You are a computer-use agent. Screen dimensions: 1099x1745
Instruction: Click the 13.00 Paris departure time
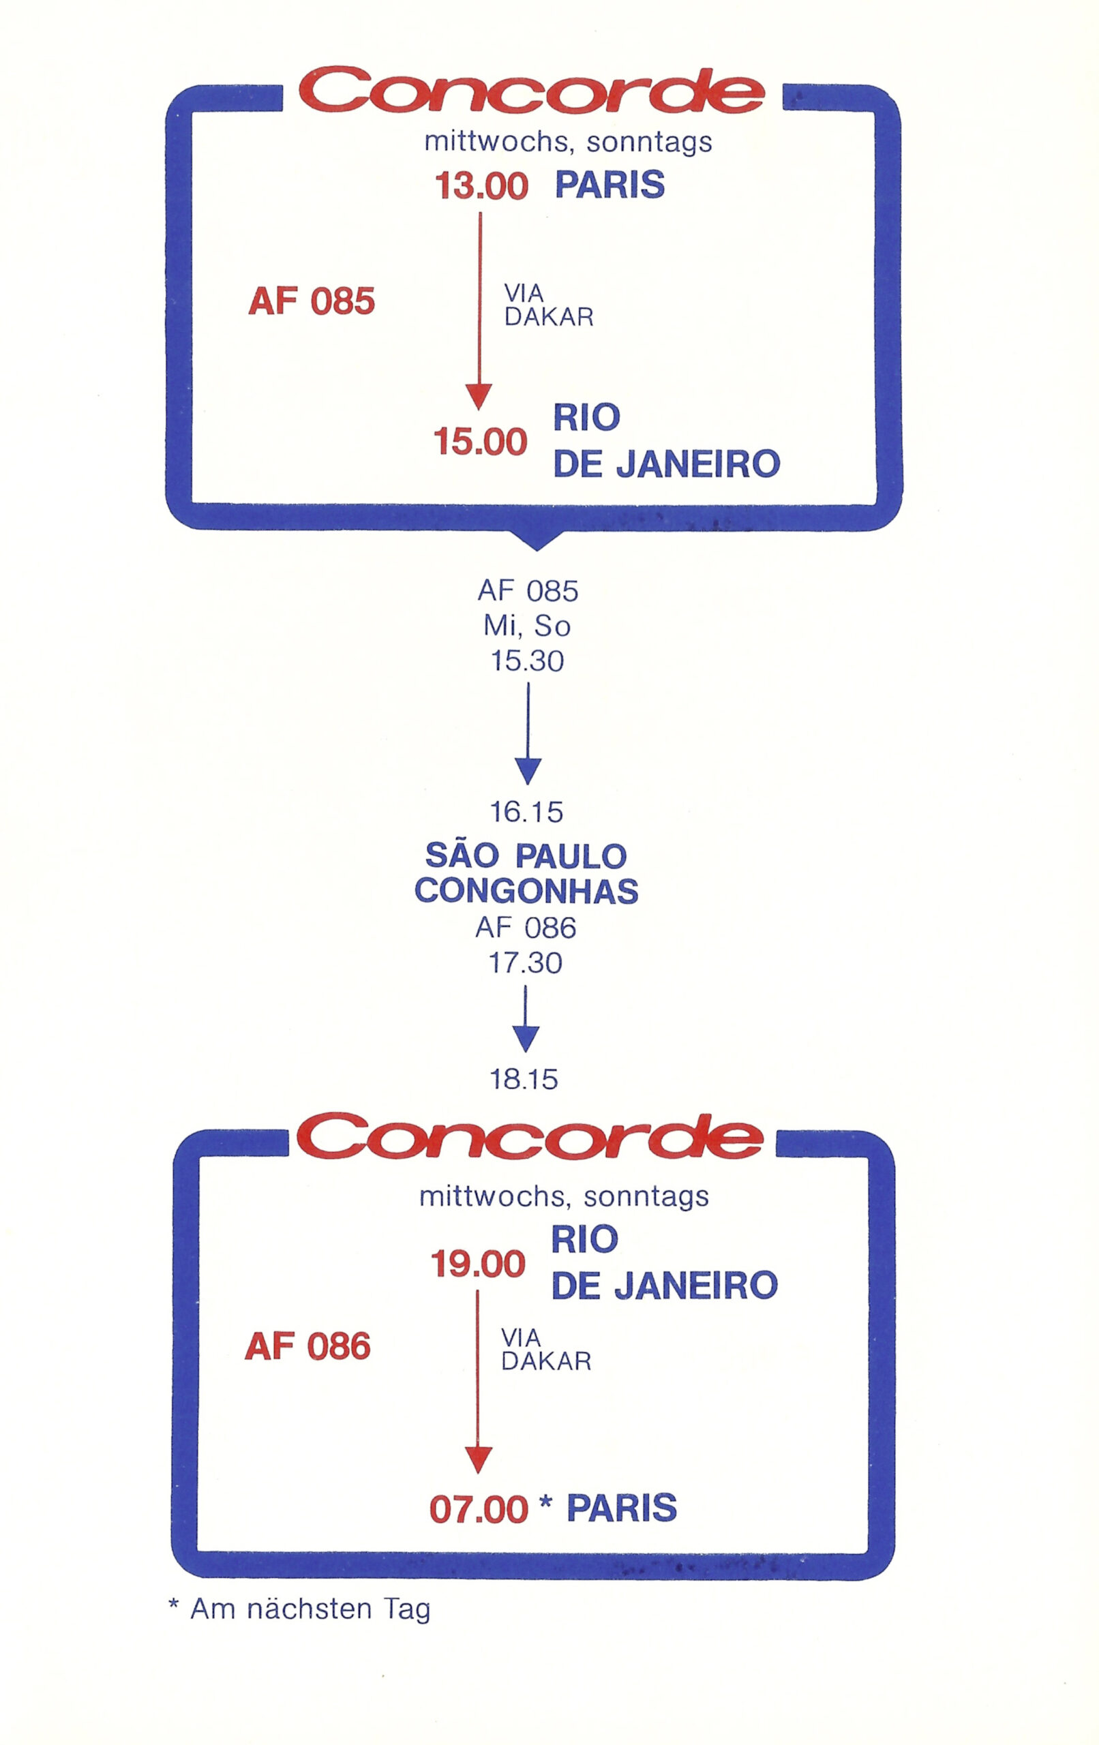pos(481,185)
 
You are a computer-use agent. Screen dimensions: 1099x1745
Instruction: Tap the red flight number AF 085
pos(312,301)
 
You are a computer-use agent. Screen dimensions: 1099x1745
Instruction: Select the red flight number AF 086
pos(308,1346)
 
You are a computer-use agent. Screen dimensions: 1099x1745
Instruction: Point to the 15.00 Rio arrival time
pos(480,441)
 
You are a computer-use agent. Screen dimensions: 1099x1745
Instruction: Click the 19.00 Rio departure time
pos(479,1264)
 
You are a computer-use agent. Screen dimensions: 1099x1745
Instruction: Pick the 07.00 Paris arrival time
pos(479,1509)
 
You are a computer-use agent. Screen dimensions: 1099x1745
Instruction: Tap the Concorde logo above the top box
pos(532,91)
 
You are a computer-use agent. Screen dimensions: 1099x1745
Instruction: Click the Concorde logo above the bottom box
pos(530,1136)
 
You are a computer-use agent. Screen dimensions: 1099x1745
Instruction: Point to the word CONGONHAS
pos(526,892)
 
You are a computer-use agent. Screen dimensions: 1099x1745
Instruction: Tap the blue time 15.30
pos(527,661)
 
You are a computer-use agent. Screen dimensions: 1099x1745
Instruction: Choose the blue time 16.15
pos(526,813)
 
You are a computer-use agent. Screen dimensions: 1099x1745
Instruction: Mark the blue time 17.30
pos(526,963)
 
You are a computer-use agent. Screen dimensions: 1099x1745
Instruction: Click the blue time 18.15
pos(524,1080)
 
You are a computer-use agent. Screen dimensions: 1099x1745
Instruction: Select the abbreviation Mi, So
pos(527,626)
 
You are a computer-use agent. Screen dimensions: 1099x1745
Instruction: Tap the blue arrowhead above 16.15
pos(528,772)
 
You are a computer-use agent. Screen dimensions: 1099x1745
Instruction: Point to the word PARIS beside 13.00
pos(609,185)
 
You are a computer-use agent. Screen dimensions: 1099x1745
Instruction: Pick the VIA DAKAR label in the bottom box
pos(547,1350)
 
